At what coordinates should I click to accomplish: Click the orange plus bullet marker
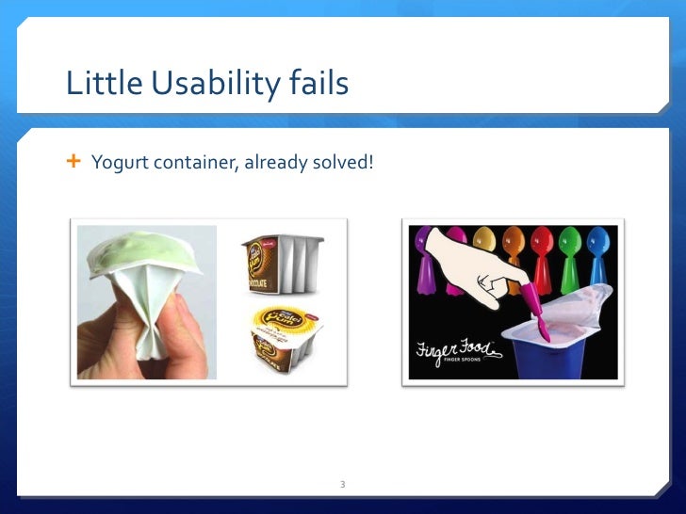(x=73, y=163)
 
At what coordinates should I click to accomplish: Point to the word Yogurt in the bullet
(x=113, y=164)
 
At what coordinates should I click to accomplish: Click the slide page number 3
(x=343, y=484)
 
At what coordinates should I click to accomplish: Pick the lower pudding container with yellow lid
(x=286, y=338)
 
